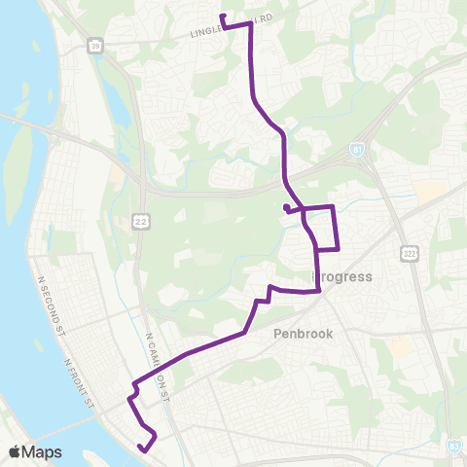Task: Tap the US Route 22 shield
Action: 142,224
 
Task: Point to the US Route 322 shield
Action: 408,251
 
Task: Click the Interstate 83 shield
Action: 453,445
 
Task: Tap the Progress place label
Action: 342,276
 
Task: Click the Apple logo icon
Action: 15,451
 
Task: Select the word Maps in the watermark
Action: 43,451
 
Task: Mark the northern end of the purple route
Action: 223,17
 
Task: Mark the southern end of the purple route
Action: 141,449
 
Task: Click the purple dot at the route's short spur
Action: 285,207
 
